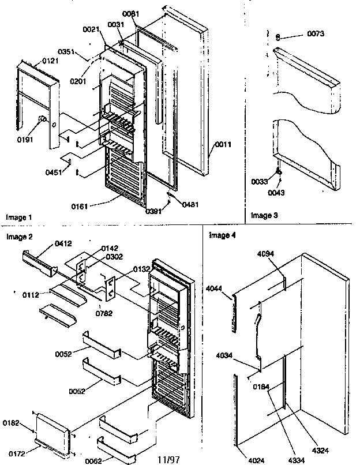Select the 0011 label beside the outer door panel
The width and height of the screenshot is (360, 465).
point(223,144)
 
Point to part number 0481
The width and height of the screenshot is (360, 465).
point(192,204)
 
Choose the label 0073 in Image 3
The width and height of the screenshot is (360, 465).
point(316,34)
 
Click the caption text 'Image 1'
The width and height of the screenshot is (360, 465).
point(19,217)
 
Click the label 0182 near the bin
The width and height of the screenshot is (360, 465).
point(18,423)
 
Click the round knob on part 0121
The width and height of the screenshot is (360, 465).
point(42,120)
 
